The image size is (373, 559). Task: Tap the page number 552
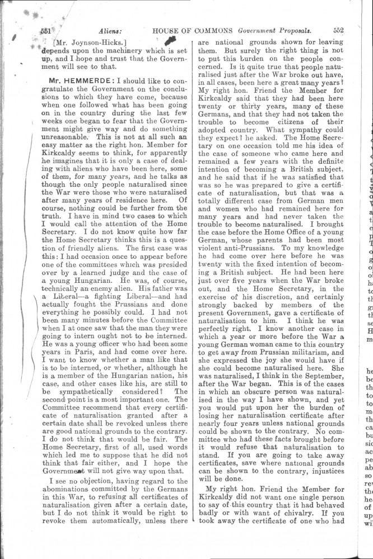point(338,31)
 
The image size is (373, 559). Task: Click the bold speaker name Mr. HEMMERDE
point(77,80)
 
